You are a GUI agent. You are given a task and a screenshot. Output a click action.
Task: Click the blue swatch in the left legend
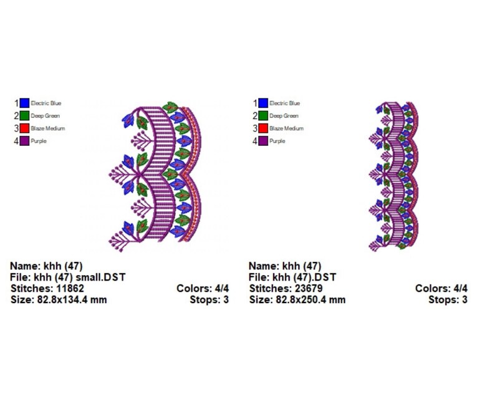(24, 103)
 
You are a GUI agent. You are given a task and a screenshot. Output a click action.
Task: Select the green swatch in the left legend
(24, 115)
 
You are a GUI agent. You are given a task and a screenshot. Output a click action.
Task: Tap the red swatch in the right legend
(263, 128)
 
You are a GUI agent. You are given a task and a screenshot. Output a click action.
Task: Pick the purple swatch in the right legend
(263, 141)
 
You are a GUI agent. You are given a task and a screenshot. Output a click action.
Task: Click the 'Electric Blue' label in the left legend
(46, 104)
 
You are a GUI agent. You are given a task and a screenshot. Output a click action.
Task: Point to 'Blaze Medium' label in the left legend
(48, 128)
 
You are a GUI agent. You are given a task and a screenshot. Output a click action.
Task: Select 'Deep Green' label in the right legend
(284, 116)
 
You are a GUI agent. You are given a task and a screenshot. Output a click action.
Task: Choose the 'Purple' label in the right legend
(277, 141)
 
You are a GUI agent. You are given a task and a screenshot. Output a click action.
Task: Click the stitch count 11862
(70, 288)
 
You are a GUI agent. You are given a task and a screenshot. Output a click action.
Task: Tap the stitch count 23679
(309, 288)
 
